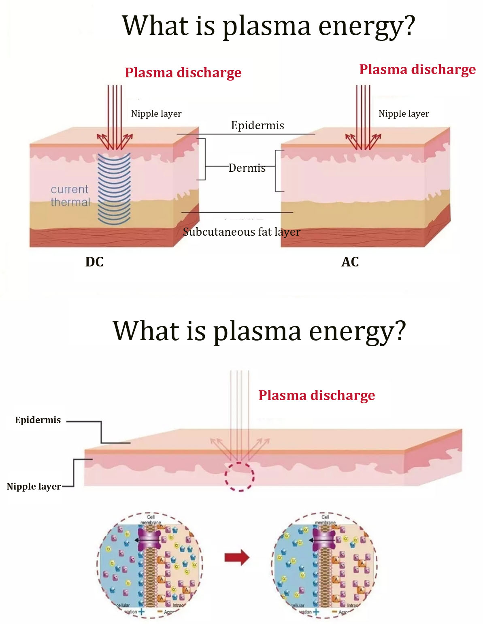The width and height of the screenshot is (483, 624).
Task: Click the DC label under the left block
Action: tap(94, 262)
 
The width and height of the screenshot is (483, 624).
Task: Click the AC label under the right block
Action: tap(350, 262)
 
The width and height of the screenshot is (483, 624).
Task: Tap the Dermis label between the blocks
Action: tap(247, 168)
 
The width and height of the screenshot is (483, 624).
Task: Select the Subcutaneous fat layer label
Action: tap(242, 232)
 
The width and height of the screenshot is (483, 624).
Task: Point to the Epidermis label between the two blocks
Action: tap(257, 125)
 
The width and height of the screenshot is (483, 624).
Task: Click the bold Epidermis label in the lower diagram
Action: tap(38, 420)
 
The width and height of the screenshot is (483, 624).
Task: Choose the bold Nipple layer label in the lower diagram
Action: tap(34, 486)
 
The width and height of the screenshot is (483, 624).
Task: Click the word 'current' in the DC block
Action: tap(69, 189)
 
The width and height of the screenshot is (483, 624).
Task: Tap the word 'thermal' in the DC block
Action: tap(70, 202)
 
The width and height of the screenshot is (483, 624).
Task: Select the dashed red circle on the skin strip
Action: tap(240, 477)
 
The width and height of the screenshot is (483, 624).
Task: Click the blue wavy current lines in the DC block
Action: tap(115, 188)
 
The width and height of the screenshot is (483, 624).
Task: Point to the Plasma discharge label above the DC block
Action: tap(183, 72)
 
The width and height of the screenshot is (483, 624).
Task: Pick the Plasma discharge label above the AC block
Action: tap(417, 69)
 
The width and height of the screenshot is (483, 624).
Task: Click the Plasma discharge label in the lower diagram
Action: tap(317, 395)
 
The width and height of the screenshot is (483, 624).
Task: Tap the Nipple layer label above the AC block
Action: tap(404, 113)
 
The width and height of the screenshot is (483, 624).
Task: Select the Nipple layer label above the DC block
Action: tap(156, 113)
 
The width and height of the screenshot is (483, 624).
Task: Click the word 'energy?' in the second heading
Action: tap(357, 331)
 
